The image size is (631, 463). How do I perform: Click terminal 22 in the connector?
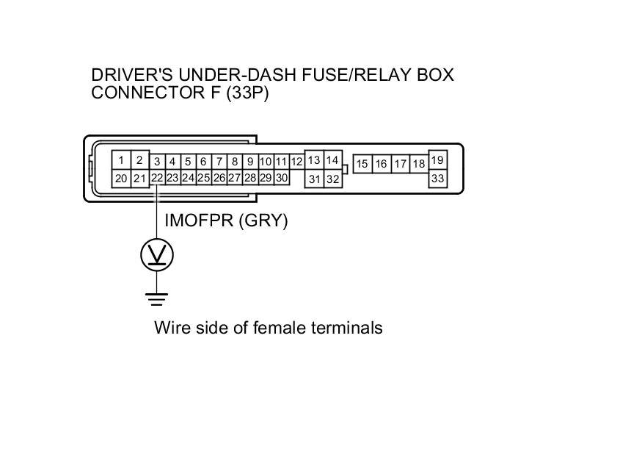(x=157, y=178)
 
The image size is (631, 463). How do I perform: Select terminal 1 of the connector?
(x=121, y=159)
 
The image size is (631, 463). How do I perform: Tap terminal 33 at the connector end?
(x=437, y=178)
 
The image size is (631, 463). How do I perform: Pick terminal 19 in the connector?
(x=437, y=160)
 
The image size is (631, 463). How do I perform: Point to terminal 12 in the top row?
(x=296, y=162)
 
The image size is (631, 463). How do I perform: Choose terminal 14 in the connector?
(x=332, y=159)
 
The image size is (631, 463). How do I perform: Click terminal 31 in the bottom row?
(x=314, y=179)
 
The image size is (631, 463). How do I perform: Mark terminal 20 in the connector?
(x=121, y=178)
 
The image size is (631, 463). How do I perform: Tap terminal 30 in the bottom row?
(x=281, y=178)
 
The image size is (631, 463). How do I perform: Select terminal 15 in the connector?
(x=362, y=164)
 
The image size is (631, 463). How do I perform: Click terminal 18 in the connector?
(x=418, y=164)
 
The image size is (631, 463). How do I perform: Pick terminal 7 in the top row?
(x=219, y=162)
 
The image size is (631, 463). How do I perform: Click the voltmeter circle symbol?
(x=157, y=255)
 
